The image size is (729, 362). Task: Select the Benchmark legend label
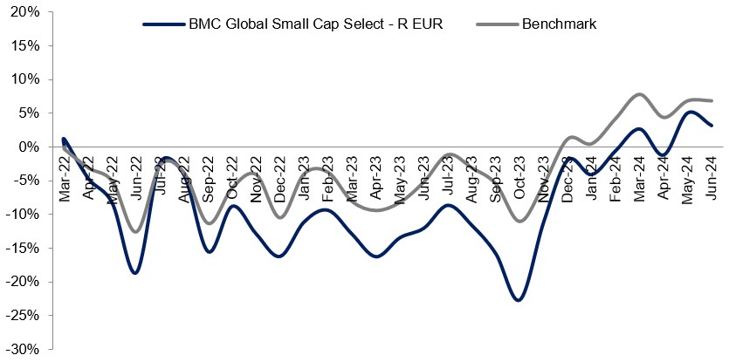click(x=559, y=24)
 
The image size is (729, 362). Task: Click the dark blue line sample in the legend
click(x=163, y=24)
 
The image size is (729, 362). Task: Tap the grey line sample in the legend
click(x=498, y=24)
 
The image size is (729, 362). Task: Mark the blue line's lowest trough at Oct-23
click(x=519, y=300)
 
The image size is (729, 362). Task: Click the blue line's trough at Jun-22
click(x=135, y=273)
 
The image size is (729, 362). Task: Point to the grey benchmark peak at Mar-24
click(x=639, y=94)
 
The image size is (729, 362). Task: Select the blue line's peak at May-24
click(x=690, y=112)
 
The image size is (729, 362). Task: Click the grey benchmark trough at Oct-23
click(x=520, y=221)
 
